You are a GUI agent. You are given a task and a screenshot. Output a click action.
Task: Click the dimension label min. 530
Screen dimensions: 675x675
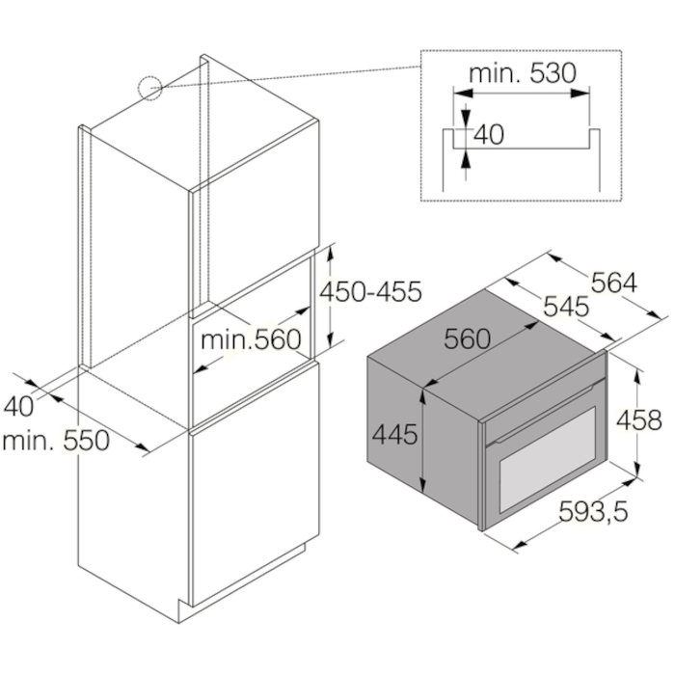point(520,72)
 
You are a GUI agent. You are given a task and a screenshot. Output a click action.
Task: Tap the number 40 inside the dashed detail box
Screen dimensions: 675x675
point(489,134)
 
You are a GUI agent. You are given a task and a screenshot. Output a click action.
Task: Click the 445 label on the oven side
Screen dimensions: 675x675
point(395,435)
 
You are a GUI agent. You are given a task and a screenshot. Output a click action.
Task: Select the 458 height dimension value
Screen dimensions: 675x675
point(640,420)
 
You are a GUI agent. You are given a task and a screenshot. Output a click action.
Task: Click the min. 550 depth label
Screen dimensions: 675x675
point(56,443)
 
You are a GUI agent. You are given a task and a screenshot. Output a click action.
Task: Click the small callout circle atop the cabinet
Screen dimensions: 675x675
point(151,89)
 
